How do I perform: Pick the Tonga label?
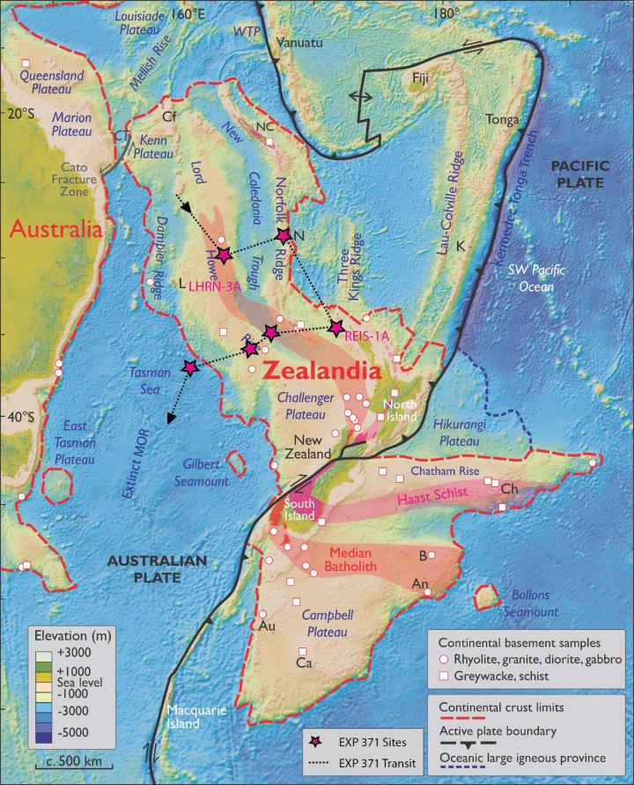502,119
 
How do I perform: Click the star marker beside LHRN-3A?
224,255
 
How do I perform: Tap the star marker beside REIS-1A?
335,328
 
